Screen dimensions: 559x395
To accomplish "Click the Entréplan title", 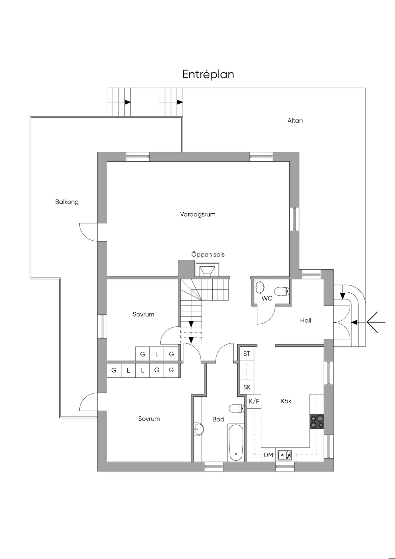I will [208, 74].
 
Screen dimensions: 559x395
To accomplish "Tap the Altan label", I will [295, 120].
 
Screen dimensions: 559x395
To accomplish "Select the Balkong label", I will [67, 202].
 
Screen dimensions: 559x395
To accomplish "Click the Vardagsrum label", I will [197, 214].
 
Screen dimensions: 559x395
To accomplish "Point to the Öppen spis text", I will [208, 254].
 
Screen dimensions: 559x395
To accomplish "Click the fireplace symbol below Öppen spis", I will [207, 270].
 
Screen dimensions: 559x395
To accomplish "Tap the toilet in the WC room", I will [282, 291].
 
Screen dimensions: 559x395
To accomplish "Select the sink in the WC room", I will [259, 287].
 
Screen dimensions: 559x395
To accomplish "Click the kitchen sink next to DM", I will [284, 455].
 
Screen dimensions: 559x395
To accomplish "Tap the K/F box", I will [254, 401].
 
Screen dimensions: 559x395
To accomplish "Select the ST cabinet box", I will [247, 354].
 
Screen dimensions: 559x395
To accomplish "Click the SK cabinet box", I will [247, 387].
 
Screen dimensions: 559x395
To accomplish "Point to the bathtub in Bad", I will [236, 442].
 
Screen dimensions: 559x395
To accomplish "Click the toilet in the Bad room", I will [237, 409].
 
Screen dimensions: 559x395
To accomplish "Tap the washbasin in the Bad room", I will [198, 429].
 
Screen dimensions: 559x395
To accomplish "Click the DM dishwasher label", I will [268, 455].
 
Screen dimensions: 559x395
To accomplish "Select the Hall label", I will [305, 320].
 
